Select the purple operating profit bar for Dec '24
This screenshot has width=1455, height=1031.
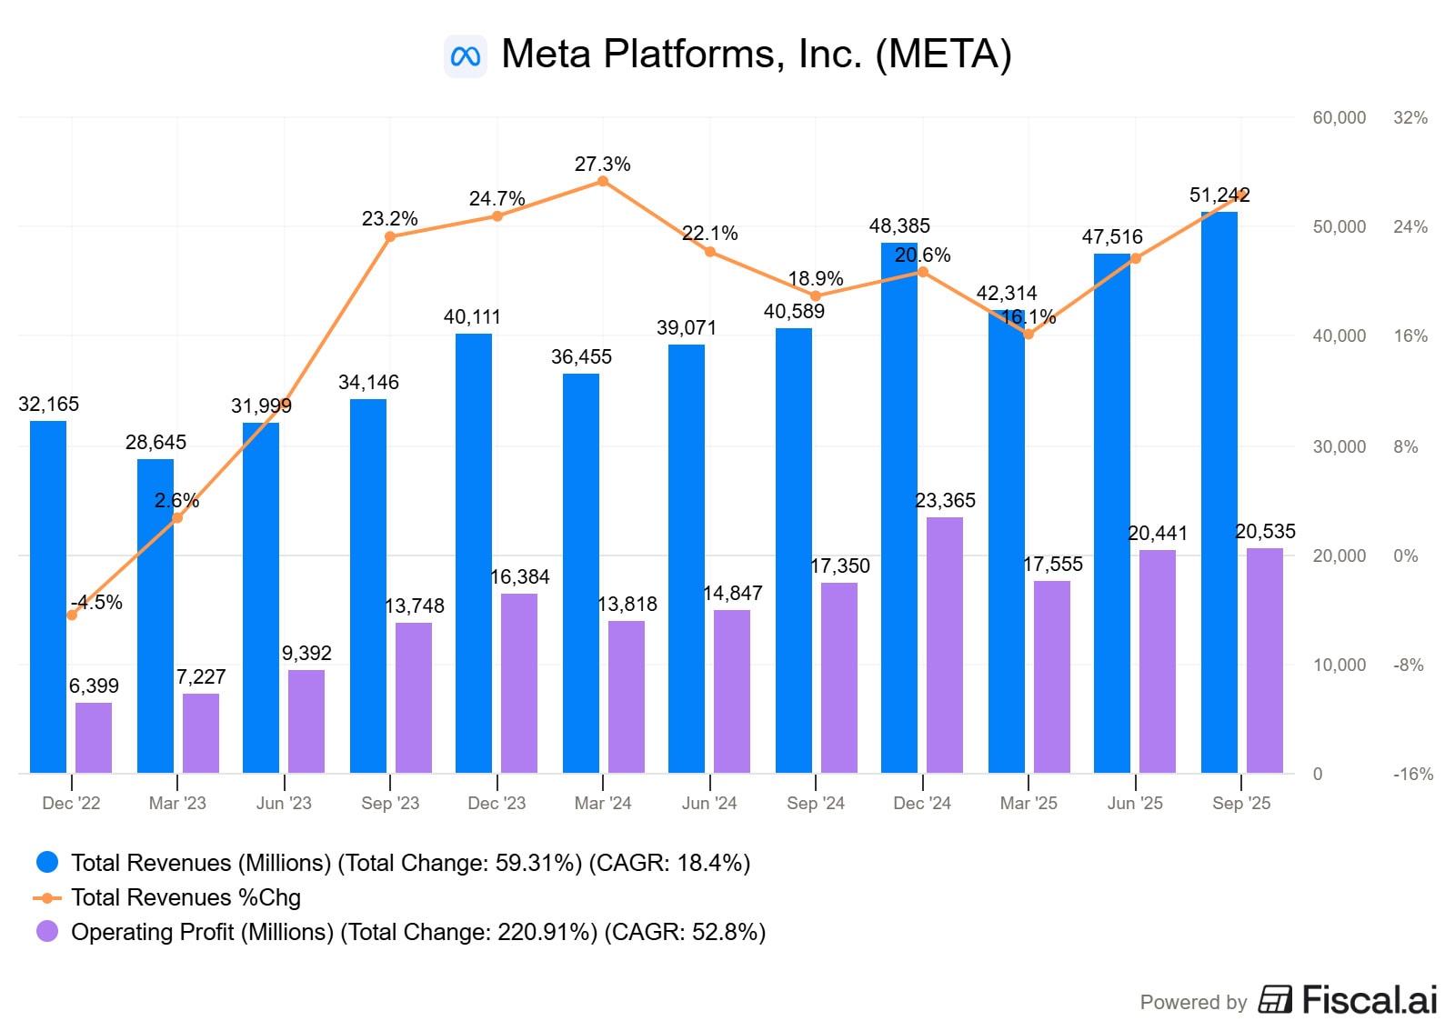945,646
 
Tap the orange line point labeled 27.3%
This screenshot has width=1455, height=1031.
603,182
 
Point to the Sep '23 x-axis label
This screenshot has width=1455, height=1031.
390,804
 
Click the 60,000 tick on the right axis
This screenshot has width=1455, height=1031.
1339,117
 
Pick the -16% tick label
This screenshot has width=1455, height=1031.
1412,775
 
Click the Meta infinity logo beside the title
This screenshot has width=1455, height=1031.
466,56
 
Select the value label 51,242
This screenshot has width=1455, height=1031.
1219,195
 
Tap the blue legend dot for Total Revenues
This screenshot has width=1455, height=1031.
47,862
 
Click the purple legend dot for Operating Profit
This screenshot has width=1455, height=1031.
47,931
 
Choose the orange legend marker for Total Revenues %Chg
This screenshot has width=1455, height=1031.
47,897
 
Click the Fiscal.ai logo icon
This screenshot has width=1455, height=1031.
1275,999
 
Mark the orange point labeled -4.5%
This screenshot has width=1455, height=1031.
72,616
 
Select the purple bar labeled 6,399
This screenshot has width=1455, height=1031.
94,737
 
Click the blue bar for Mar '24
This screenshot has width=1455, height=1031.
581,573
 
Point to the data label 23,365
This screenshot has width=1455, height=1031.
945,501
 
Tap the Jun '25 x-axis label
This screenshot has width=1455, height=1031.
1135,804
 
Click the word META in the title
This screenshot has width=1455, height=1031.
943,55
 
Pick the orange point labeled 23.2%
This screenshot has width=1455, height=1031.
390,236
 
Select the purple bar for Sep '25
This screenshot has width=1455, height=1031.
1265,660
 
